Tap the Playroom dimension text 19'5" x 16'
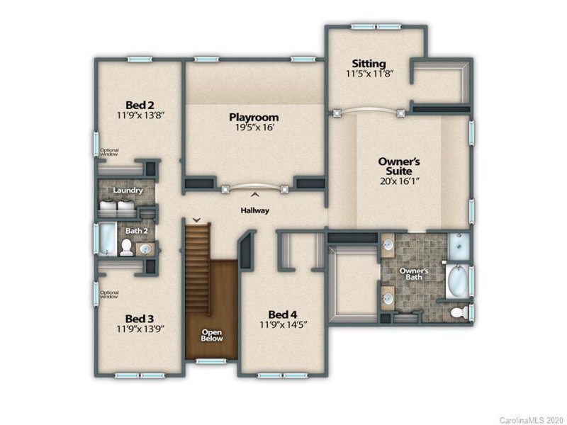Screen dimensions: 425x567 point(253,128)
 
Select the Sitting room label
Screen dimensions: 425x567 point(369,63)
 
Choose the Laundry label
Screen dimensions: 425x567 point(128,191)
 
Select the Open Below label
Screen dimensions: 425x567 point(212,335)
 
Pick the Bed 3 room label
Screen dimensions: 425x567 point(140,318)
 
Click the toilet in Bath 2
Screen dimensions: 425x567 point(126,246)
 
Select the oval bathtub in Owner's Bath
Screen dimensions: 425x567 point(456,280)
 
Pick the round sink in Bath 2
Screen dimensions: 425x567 point(145,249)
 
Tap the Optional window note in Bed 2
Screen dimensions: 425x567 point(109,152)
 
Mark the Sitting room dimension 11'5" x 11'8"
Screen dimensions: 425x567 point(369,73)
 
